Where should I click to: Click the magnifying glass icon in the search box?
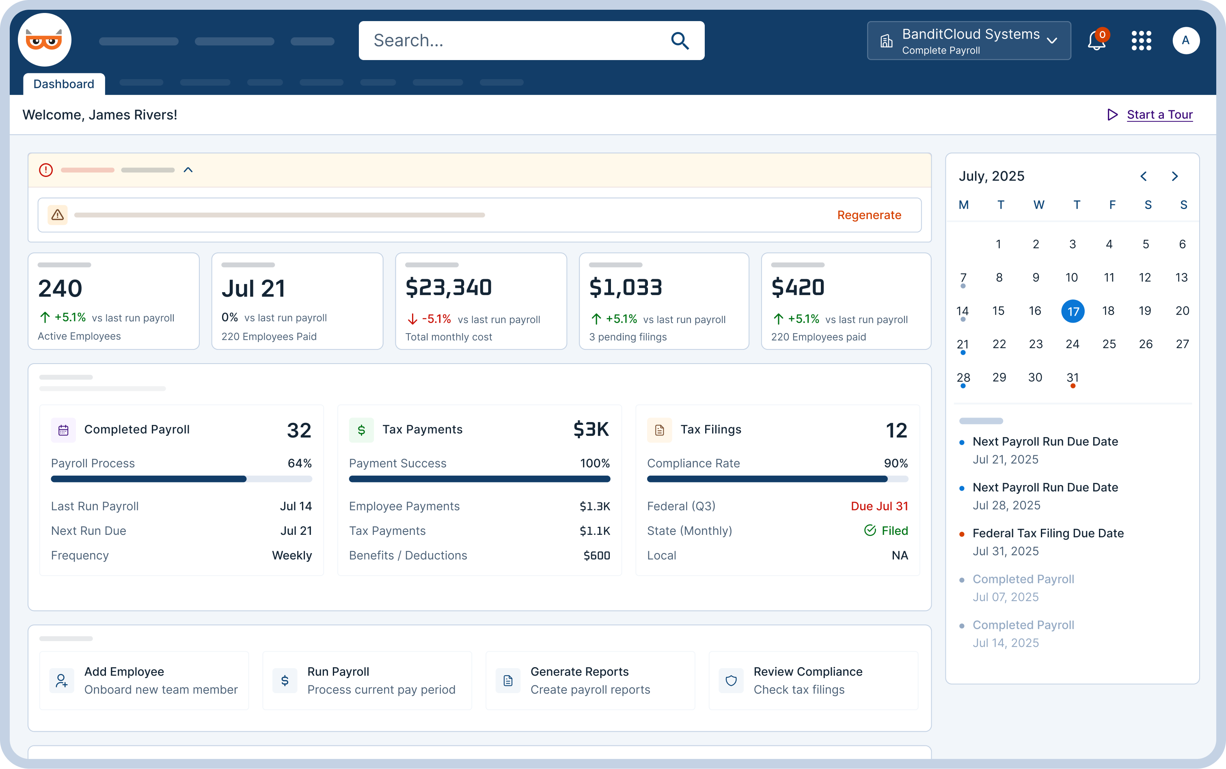point(680,40)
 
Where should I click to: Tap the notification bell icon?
point(1096,41)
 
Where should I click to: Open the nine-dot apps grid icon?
point(1141,40)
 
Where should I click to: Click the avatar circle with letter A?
point(1185,40)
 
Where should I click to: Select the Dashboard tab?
point(64,84)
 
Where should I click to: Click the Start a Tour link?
point(1159,114)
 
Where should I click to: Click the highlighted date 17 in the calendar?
point(1073,311)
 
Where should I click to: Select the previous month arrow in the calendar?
point(1143,176)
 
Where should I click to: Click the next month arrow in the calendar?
point(1174,176)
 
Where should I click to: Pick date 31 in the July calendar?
point(1073,377)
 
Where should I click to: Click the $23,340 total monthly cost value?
point(448,287)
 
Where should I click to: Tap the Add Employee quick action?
point(144,680)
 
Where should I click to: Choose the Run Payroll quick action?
point(367,680)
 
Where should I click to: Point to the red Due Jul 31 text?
point(878,506)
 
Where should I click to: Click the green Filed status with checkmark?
point(886,530)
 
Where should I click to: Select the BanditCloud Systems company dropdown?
point(968,41)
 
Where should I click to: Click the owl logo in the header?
point(44,40)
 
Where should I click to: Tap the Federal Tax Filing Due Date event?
point(1047,533)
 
